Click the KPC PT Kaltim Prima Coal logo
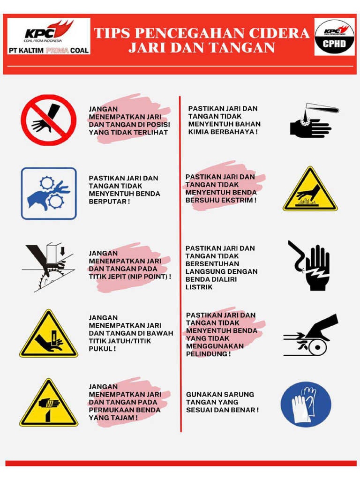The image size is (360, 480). tap(48, 37)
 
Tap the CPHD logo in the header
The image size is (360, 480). tap(334, 37)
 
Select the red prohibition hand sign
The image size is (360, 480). tap(48, 120)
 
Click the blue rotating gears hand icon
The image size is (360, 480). tap(48, 193)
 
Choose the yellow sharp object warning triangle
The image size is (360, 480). tap(48, 404)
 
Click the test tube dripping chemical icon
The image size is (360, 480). tap(312, 121)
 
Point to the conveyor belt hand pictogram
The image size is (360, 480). tap(310, 335)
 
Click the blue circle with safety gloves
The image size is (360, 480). tap(306, 404)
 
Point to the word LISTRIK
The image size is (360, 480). tap(199, 287)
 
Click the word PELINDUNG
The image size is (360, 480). tap(207, 354)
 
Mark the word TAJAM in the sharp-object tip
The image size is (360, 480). tap(123, 417)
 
